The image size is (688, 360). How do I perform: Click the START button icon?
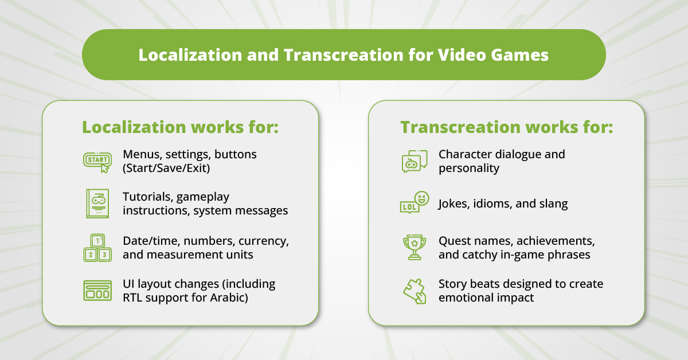coord(97,162)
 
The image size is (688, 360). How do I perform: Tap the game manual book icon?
coord(97,204)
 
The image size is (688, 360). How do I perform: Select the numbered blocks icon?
coord(97,248)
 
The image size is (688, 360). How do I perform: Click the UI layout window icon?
coord(97,290)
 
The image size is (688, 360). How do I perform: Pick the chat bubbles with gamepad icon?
coord(415,161)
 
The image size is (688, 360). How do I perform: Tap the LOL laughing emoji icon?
coord(415,202)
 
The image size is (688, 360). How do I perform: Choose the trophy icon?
coord(415,247)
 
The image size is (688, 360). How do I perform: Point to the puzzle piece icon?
coord(415,291)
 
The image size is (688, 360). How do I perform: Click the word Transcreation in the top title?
coord(343,55)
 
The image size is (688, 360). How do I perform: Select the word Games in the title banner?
coord(519,55)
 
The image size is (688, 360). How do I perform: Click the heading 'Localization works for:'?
coord(180,127)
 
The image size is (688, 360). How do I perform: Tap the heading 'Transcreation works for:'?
coord(506,127)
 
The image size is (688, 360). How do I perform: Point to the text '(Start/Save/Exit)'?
coord(166,169)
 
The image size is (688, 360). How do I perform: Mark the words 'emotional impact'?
coord(486,298)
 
